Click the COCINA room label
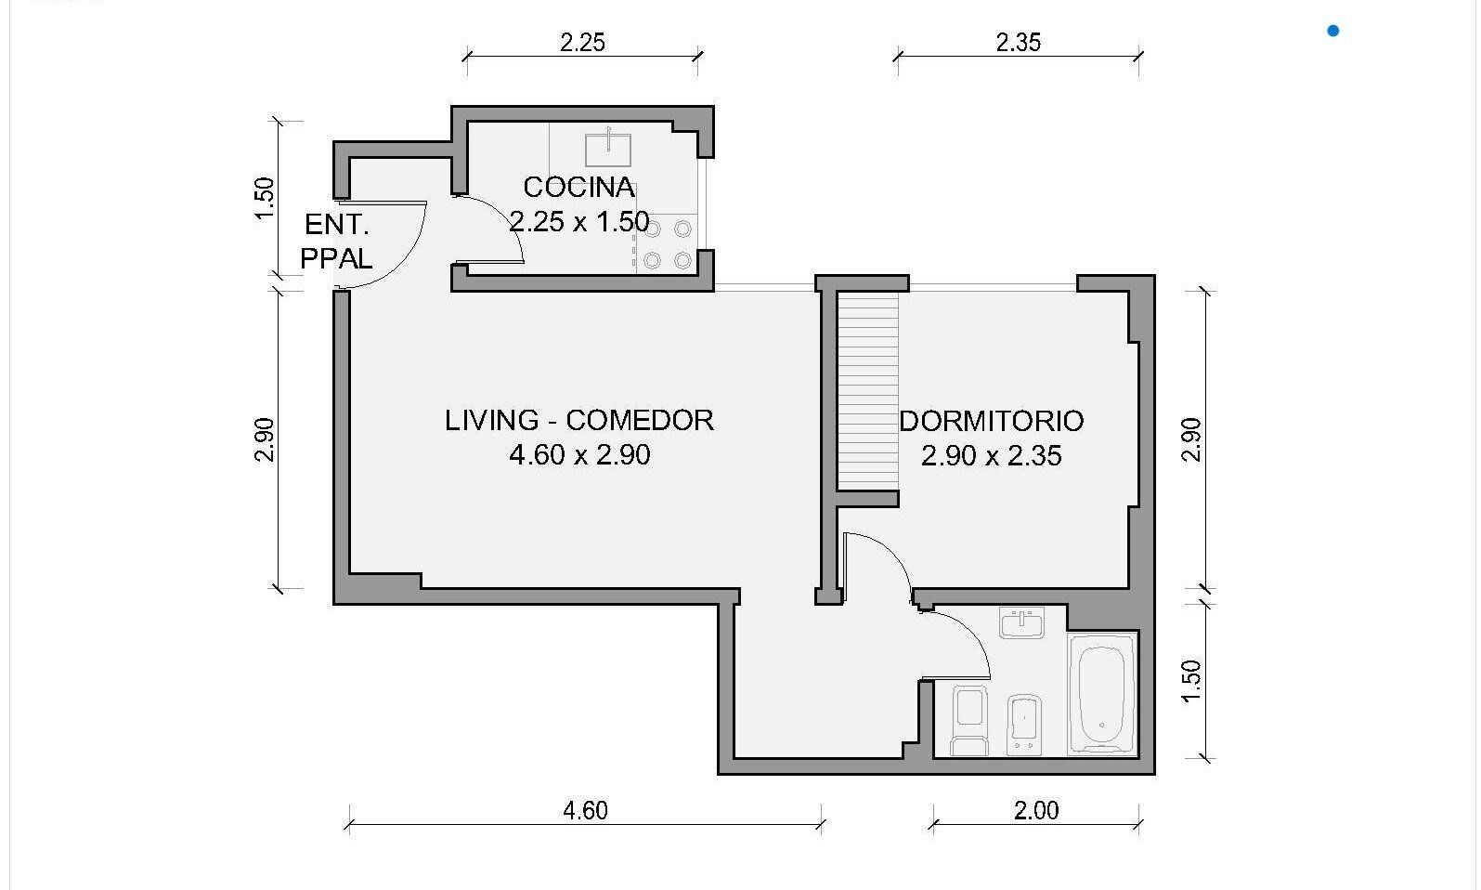(578, 188)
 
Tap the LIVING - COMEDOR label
(578, 420)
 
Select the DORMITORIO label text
(991, 421)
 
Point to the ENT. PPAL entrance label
(336, 242)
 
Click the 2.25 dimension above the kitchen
(582, 43)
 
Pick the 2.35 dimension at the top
(1019, 43)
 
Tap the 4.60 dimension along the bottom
(585, 810)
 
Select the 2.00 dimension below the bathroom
(1036, 810)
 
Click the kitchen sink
(607, 149)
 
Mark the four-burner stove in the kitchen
(667, 243)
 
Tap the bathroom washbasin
(1021, 622)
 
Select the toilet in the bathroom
(969, 720)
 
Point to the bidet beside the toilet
(1024, 724)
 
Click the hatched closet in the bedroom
(868, 392)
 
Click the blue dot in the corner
(1333, 31)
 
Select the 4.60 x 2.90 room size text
(579, 454)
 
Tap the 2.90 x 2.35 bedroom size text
(991, 455)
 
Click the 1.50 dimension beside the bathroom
(1190, 682)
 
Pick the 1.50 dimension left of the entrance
(264, 198)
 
